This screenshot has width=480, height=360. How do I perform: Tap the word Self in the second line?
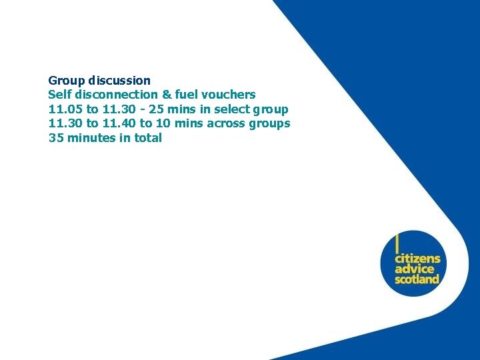click(x=59, y=95)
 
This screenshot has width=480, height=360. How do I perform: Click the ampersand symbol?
click(x=167, y=95)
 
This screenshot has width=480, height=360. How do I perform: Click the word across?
click(x=226, y=123)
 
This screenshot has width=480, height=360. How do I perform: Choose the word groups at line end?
click(x=269, y=124)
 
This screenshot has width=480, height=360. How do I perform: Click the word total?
click(x=147, y=138)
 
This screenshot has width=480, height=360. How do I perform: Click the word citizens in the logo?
click(x=417, y=258)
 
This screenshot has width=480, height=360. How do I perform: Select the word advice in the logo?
click(x=413, y=269)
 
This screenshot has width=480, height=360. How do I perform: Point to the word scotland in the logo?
click(x=417, y=279)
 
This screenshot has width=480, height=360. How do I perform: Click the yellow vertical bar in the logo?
click(x=397, y=243)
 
